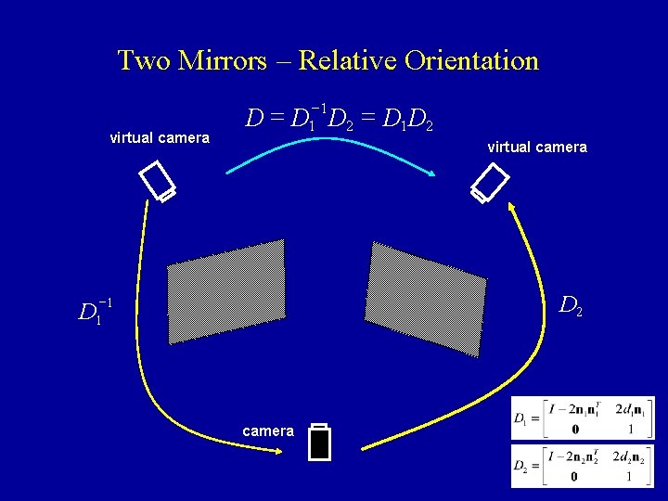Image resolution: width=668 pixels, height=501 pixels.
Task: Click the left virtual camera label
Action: tap(160, 138)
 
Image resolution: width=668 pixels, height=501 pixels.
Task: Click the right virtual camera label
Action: tap(537, 147)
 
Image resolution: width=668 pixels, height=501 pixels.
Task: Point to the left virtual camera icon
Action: tap(157, 182)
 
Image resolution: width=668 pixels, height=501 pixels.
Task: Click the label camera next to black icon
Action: tap(268, 430)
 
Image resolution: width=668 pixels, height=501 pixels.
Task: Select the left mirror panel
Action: tap(226, 290)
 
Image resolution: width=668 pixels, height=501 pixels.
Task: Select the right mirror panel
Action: tap(426, 298)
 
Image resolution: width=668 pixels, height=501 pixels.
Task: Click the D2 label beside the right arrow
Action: tap(571, 304)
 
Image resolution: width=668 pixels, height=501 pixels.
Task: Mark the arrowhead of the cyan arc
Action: tap(434, 174)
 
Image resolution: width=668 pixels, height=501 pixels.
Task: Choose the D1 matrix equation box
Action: tap(583, 418)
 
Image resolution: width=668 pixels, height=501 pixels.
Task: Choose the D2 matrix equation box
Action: tap(583, 465)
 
